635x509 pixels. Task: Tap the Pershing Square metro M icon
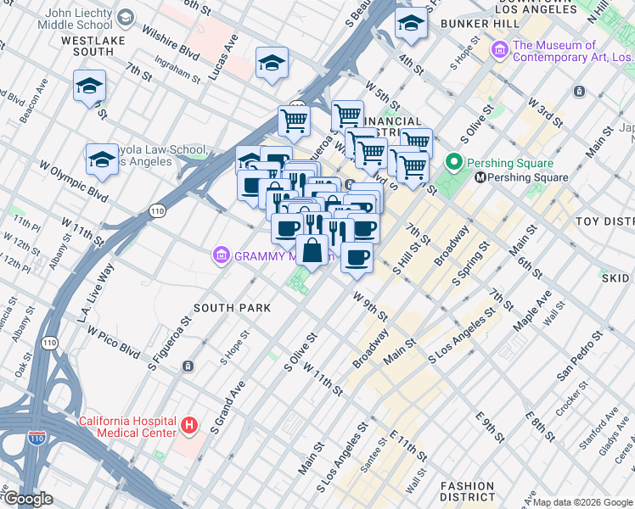(x=480, y=177)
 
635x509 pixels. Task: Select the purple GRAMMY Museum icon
(x=221, y=255)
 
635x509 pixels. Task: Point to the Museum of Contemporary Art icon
(x=499, y=53)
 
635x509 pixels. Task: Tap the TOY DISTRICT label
(x=604, y=221)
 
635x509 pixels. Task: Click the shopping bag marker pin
(x=312, y=250)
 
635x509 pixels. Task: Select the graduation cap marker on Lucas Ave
(x=272, y=63)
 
